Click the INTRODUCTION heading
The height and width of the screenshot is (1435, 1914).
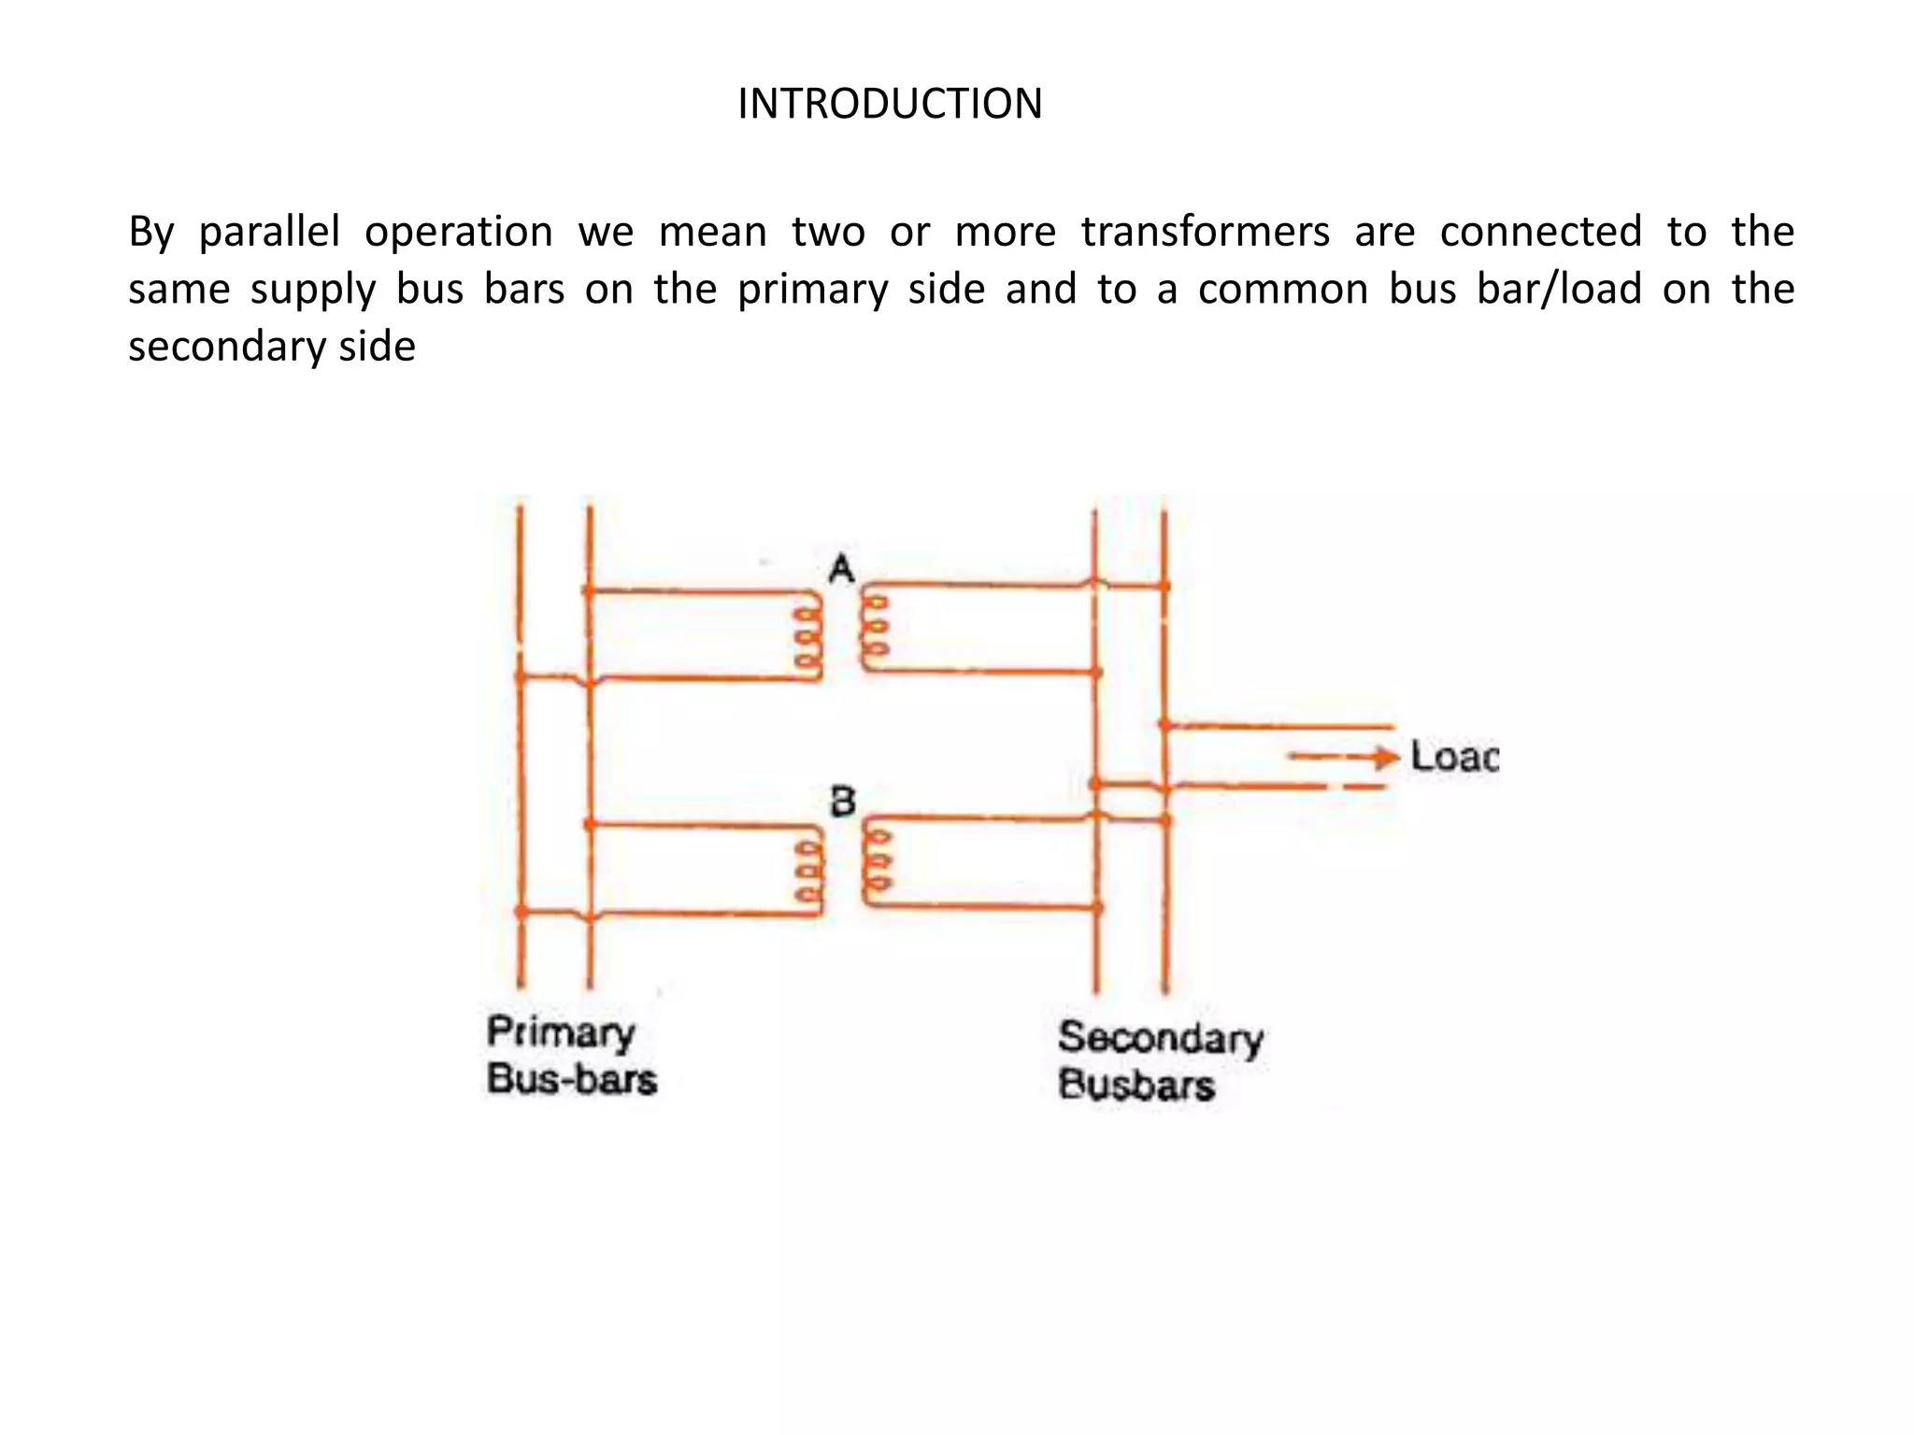click(890, 104)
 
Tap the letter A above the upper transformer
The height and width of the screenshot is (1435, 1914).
click(841, 568)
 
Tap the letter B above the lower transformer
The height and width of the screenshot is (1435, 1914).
click(842, 802)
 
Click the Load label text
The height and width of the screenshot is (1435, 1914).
click(1454, 757)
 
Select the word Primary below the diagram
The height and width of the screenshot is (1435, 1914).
click(561, 1033)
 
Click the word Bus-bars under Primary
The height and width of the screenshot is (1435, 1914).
click(572, 1080)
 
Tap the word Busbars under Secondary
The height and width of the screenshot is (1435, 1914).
click(1136, 1086)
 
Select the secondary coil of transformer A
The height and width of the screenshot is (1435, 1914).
click(875, 628)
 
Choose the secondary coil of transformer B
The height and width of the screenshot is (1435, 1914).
click(877, 861)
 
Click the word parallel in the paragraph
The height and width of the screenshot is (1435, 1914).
click(269, 233)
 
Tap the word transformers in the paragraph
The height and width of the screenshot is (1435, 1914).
click(1206, 232)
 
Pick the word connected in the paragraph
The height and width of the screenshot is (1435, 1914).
click(1540, 232)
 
